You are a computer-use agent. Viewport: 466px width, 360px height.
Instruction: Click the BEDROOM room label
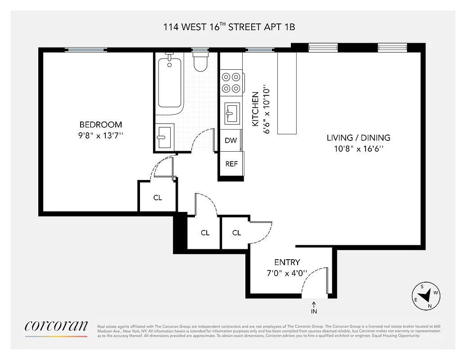100,125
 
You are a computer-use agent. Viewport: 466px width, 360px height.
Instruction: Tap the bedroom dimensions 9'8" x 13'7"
101,135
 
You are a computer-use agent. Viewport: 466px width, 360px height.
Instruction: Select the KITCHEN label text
255,109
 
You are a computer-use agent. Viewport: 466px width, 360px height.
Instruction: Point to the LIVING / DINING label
358,138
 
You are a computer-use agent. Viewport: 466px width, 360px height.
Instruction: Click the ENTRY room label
287,262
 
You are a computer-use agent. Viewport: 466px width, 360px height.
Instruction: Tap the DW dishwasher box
231,140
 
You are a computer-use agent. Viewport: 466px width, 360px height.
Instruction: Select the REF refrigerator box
231,164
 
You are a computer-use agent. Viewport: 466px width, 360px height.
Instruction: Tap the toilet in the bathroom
200,62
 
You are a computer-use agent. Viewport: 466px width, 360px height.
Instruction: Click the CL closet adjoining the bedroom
157,197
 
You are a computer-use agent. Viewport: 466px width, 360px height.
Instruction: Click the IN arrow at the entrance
314,308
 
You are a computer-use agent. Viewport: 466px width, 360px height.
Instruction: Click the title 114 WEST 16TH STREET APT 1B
229,27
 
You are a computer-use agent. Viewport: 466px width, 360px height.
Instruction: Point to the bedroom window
86,50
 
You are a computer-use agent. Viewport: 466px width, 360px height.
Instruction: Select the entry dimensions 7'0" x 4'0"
287,273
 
